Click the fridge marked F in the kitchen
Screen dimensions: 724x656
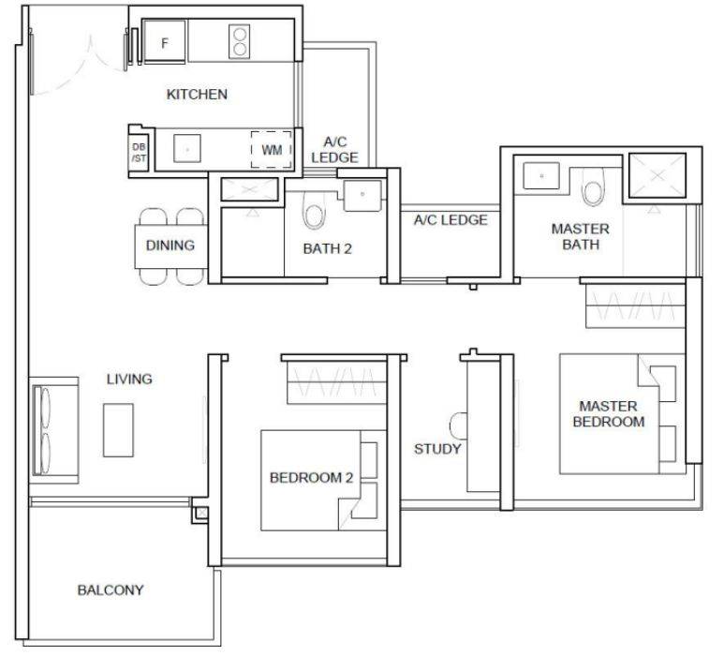165,40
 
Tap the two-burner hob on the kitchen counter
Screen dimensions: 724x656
239,41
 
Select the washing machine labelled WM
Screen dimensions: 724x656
271,150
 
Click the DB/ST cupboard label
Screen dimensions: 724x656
139,153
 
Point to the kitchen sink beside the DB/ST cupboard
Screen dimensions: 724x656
187,149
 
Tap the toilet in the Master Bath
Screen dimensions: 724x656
593,186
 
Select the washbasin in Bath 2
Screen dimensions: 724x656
362,196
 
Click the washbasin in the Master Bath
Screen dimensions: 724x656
541,175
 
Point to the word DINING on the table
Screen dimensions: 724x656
170,246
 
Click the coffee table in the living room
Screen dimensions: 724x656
118,430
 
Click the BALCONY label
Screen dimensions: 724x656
111,590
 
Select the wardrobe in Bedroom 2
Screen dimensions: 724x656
336,382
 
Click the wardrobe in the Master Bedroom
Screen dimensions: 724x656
635,306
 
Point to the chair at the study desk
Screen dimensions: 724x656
458,426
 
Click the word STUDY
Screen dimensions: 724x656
437,449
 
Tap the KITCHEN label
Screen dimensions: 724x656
197,95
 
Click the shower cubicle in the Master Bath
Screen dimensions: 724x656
658,175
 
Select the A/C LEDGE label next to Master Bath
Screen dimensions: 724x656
451,220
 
